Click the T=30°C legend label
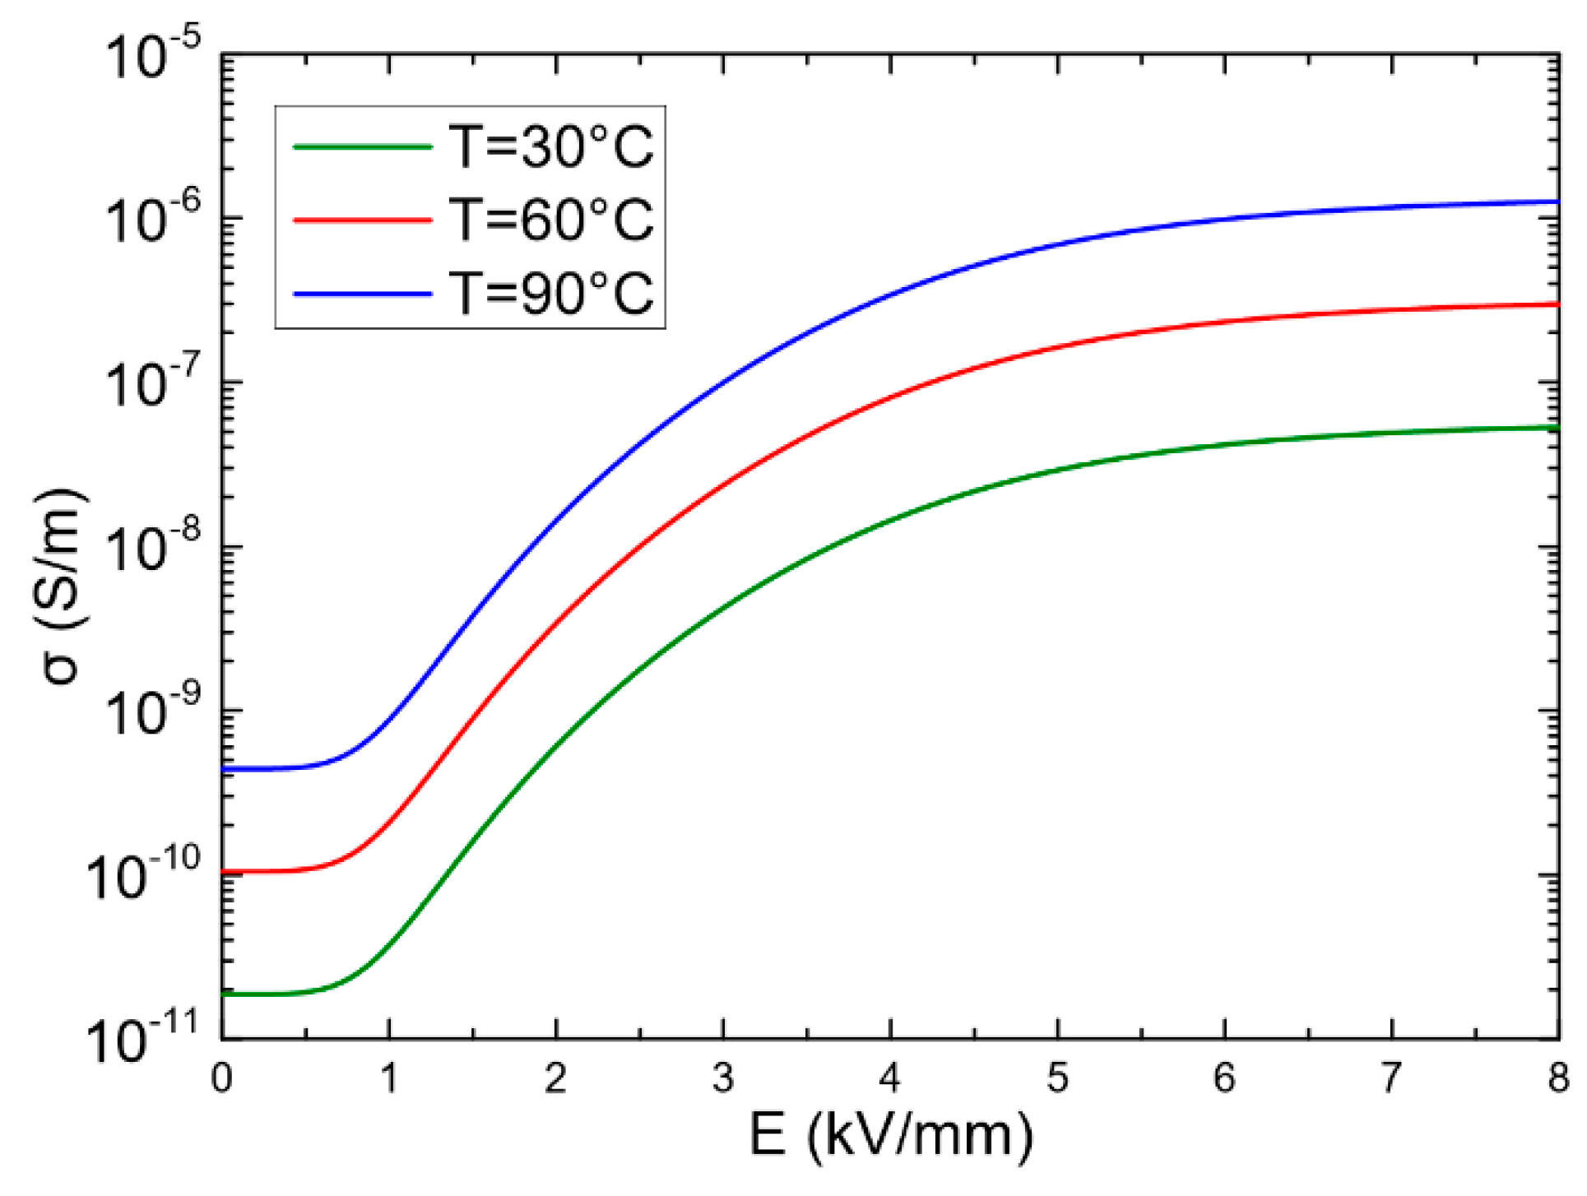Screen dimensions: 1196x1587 pyautogui.click(x=550, y=147)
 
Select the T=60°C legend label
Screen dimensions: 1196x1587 pyautogui.click(x=550, y=220)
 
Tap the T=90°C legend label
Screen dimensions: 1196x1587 pyautogui.click(x=550, y=293)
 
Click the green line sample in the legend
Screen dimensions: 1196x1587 pyautogui.click(x=363, y=147)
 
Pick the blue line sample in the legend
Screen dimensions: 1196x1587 pyautogui.click(x=363, y=294)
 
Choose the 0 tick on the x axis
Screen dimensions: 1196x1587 pyautogui.click(x=222, y=1078)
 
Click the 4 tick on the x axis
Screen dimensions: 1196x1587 pyautogui.click(x=890, y=1078)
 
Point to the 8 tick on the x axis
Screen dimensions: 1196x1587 pyautogui.click(x=1557, y=1078)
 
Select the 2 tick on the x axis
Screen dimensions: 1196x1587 pyautogui.click(x=556, y=1078)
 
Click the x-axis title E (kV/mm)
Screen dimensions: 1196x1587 pyautogui.click(x=890, y=1137)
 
